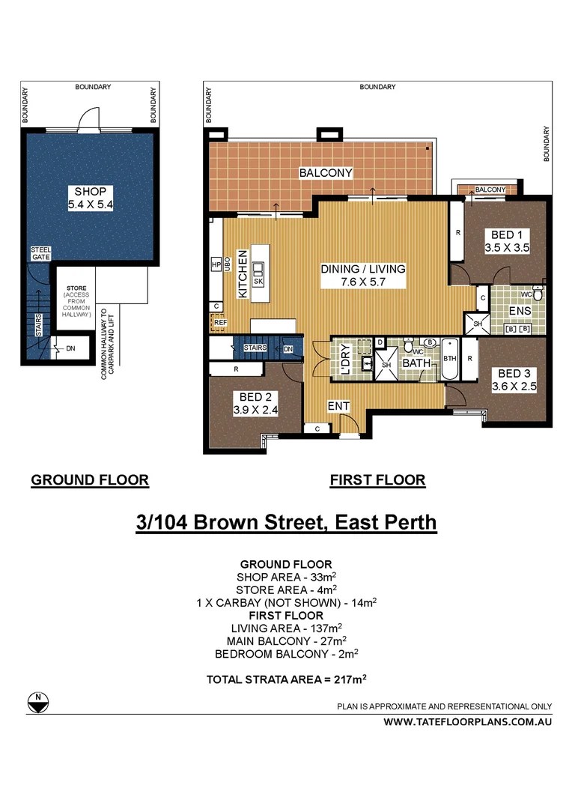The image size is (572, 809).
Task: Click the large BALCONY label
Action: pyautogui.click(x=326, y=173)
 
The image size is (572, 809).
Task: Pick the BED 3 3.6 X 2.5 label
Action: pyautogui.click(x=514, y=381)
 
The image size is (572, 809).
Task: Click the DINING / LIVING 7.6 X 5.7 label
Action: pyautogui.click(x=362, y=275)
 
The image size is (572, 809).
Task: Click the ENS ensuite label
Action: pyautogui.click(x=519, y=310)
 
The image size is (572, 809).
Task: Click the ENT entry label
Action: pyautogui.click(x=338, y=406)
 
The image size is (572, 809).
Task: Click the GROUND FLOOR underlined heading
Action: pyautogui.click(x=90, y=480)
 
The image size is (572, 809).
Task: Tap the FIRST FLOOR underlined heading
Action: pyautogui.click(x=377, y=480)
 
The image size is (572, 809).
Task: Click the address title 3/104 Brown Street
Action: pyautogui.click(x=286, y=521)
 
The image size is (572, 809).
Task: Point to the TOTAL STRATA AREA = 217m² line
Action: pyautogui.click(x=286, y=679)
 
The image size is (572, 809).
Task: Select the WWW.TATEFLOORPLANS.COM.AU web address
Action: pyautogui.click(x=468, y=722)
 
